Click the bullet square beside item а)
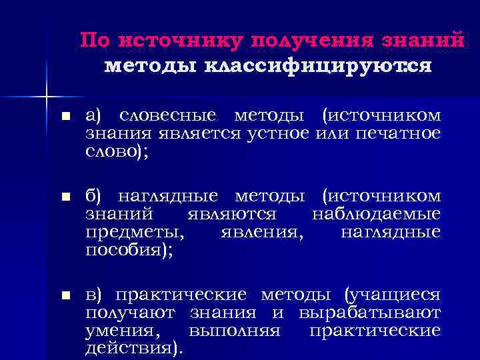click(65, 117)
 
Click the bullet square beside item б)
click(65, 197)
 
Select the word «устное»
click(279, 133)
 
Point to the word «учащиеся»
click(393, 295)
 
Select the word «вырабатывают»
click(370, 312)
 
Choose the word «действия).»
click(133, 347)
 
